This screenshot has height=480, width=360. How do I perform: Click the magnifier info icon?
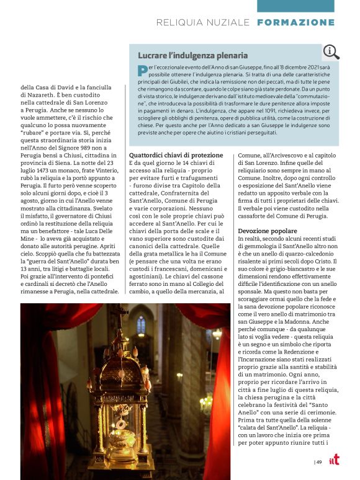pyautogui.click(x=330, y=51)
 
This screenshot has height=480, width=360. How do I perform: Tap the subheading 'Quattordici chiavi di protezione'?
pyautogui.click(x=176, y=154)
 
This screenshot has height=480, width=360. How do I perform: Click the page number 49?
pyautogui.click(x=318, y=461)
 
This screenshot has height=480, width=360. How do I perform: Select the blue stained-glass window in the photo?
pyautogui.click(x=142, y=325)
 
